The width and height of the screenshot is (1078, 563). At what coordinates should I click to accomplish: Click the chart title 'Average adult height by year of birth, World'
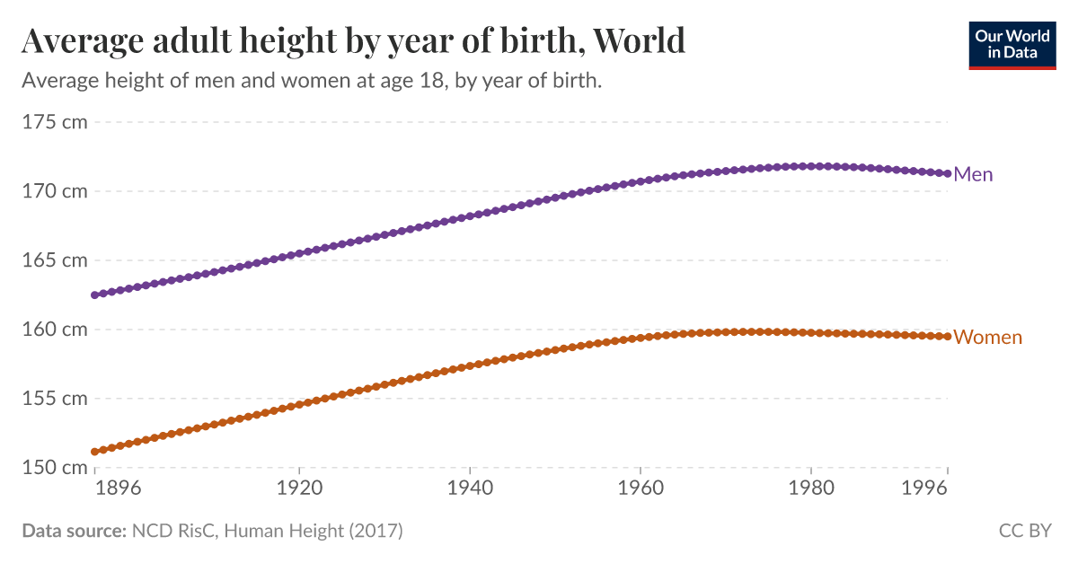click(x=353, y=40)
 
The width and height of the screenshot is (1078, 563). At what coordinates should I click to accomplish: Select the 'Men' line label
click(x=973, y=174)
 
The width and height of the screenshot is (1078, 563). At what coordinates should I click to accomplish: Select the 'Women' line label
click(x=987, y=338)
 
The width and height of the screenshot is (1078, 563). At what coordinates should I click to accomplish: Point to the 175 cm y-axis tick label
click(x=54, y=122)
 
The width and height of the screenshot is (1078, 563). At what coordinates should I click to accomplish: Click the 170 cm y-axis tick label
click(x=54, y=191)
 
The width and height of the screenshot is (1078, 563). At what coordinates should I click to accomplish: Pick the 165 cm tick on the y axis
click(x=54, y=260)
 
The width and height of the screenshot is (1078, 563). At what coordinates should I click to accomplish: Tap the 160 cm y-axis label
click(x=54, y=330)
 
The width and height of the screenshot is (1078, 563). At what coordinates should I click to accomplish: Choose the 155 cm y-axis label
click(x=54, y=398)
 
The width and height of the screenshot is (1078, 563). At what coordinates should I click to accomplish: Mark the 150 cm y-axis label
click(x=54, y=467)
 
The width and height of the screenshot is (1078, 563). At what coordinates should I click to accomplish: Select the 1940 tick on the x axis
click(x=470, y=489)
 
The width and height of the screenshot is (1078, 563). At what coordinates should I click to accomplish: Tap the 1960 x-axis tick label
click(x=641, y=489)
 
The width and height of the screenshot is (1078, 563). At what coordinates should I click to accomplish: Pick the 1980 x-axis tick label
click(x=811, y=489)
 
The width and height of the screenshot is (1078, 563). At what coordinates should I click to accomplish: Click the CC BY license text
click(x=1024, y=531)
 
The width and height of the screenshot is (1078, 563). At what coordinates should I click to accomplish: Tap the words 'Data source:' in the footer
click(x=74, y=531)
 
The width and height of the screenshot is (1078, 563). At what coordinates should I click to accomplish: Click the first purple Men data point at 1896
click(x=94, y=295)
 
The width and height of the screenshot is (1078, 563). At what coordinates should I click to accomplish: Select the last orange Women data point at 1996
click(x=947, y=337)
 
